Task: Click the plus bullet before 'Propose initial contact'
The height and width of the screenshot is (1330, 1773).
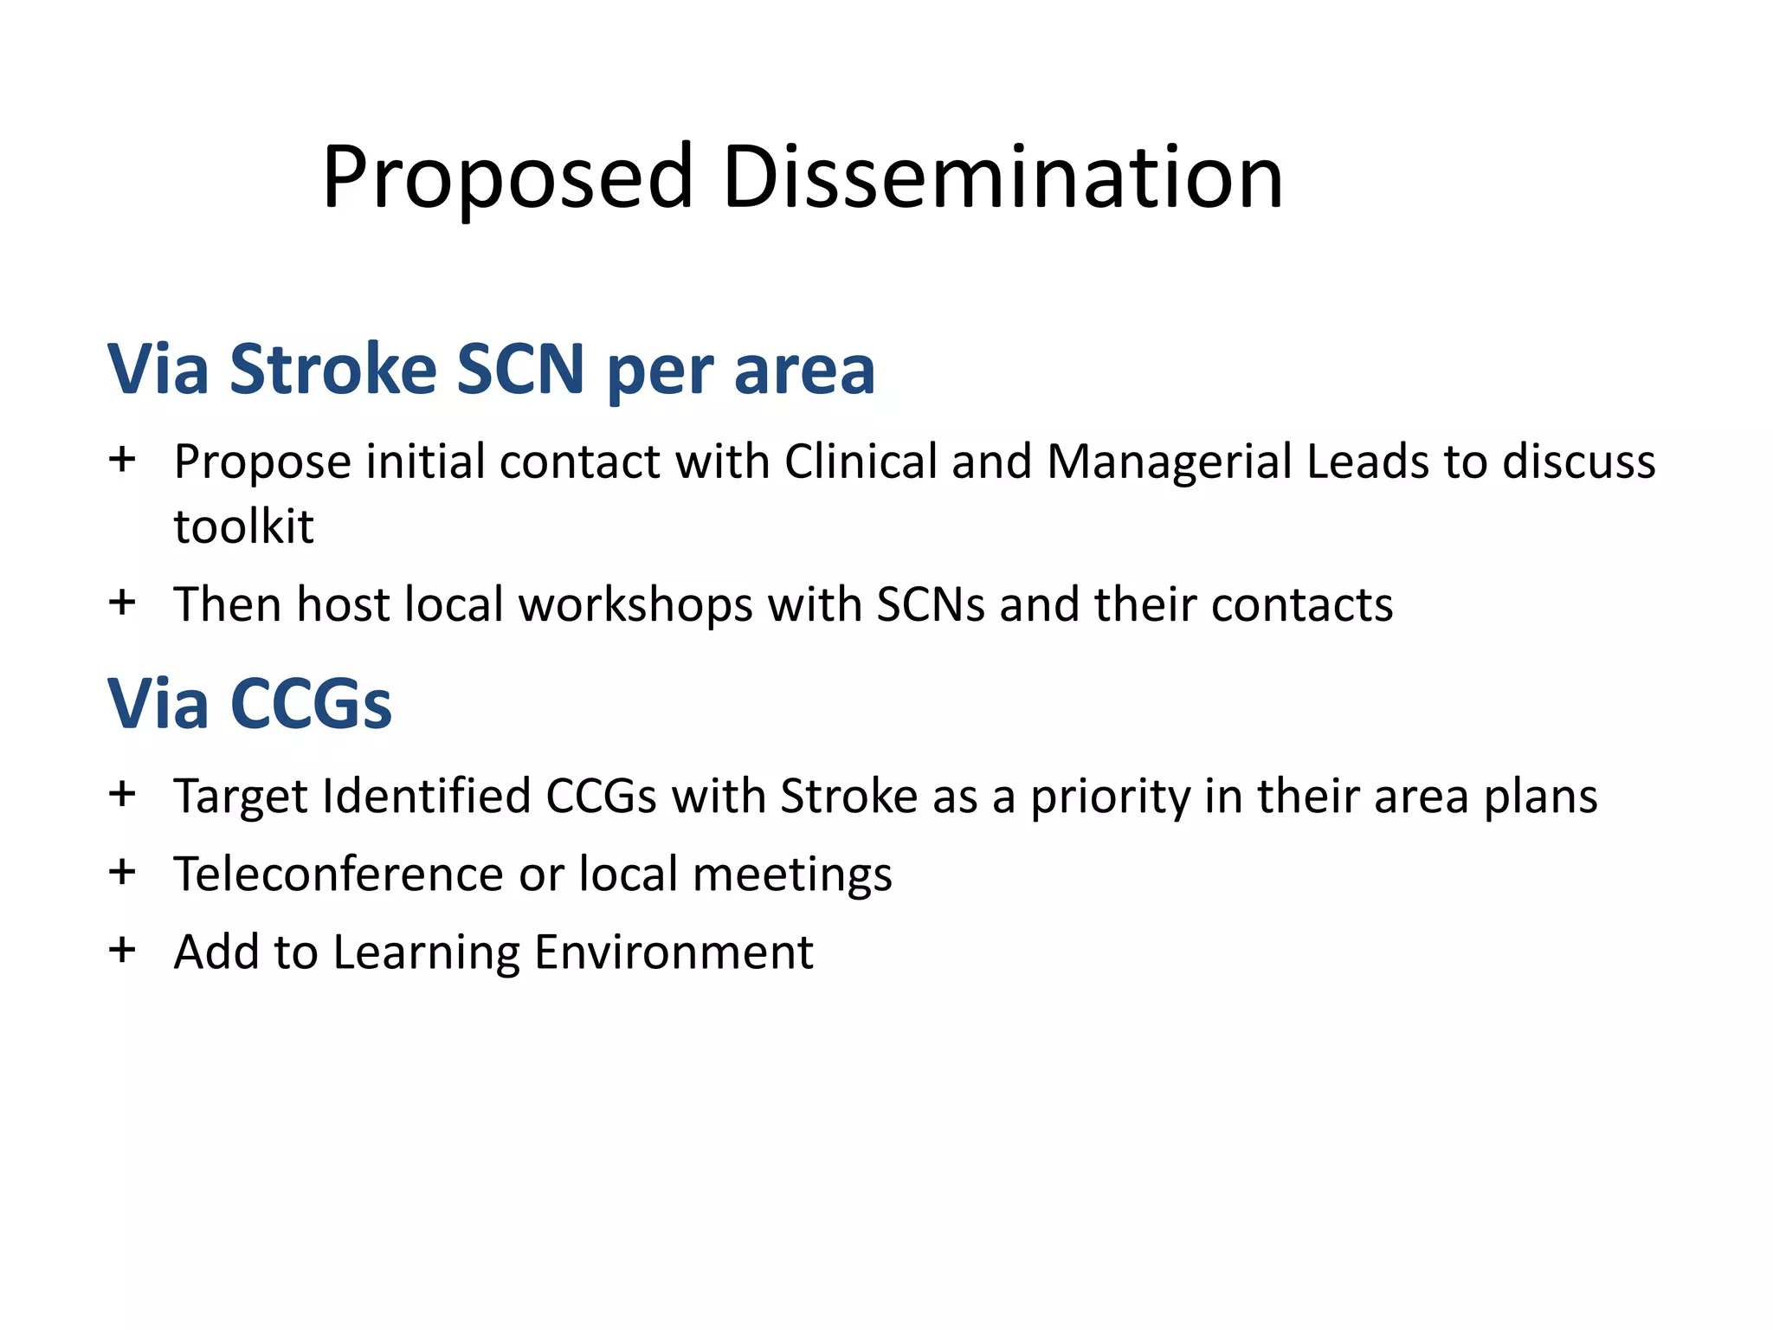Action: (122, 459)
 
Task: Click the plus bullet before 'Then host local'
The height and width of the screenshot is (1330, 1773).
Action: (122, 602)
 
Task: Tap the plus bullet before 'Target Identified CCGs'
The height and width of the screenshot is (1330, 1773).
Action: (122, 793)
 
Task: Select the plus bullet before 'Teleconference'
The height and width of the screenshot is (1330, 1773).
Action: (122, 871)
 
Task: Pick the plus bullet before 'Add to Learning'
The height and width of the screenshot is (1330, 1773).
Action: (122, 950)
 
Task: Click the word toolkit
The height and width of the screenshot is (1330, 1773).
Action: (243, 526)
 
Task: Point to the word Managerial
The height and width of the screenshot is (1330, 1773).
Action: (1170, 461)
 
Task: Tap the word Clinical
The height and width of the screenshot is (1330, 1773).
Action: (861, 461)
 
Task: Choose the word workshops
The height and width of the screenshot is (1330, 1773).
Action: (635, 605)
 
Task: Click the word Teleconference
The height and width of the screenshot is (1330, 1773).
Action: (338, 874)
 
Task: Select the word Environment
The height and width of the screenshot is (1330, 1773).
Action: (674, 952)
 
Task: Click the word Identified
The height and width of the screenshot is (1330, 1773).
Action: (426, 796)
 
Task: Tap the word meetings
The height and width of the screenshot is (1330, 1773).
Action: (792, 875)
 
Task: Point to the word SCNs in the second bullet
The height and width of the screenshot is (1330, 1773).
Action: (931, 604)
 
